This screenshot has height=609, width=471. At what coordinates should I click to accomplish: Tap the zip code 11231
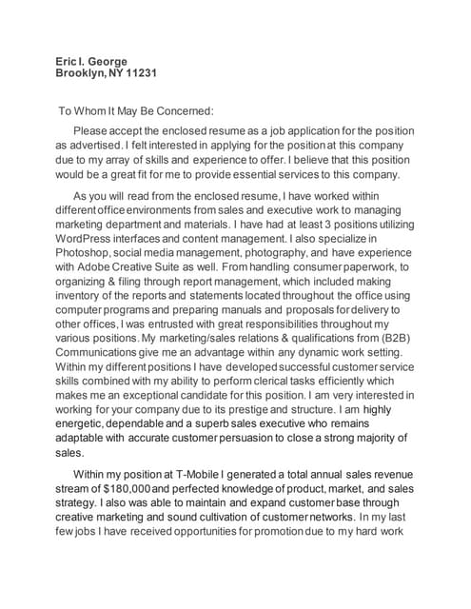coord(139,73)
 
